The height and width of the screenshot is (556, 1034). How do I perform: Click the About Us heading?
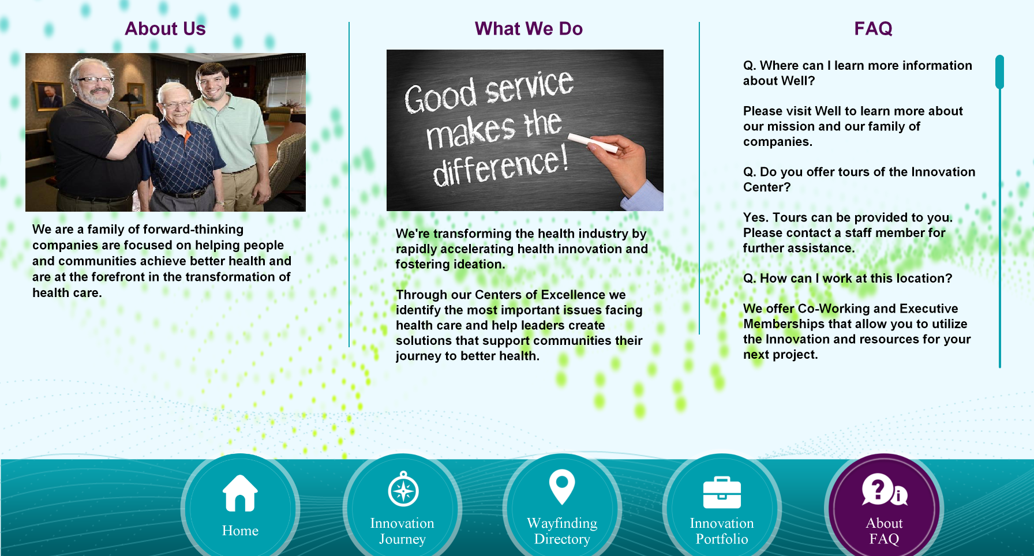pos(165,29)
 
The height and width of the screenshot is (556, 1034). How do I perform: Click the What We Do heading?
pos(529,29)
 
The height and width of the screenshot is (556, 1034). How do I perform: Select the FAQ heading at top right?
pos(873,29)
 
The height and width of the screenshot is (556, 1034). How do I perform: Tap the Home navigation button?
pos(240,508)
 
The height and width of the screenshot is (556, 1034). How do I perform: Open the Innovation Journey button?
pos(402,508)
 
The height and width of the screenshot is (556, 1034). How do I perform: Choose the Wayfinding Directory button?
pos(562,508)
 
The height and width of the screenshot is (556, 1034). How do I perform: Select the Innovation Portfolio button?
pos(722,508)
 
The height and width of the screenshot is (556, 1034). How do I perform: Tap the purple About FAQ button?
pos(884,508)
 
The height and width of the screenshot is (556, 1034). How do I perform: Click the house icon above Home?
pos(240,493)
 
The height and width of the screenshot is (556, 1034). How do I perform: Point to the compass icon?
pos(403,489)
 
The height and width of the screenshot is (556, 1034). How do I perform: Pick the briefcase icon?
pos(722,493)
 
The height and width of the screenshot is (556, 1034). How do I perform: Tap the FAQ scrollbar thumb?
pos(1000,72)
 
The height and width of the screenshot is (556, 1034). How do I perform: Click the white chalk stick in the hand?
pos(593,142)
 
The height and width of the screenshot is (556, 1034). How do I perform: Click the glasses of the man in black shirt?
pos(95,80)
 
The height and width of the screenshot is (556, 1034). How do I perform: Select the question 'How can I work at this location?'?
pos(848,279)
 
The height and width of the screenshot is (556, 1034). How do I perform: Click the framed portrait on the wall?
pos(50,95)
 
